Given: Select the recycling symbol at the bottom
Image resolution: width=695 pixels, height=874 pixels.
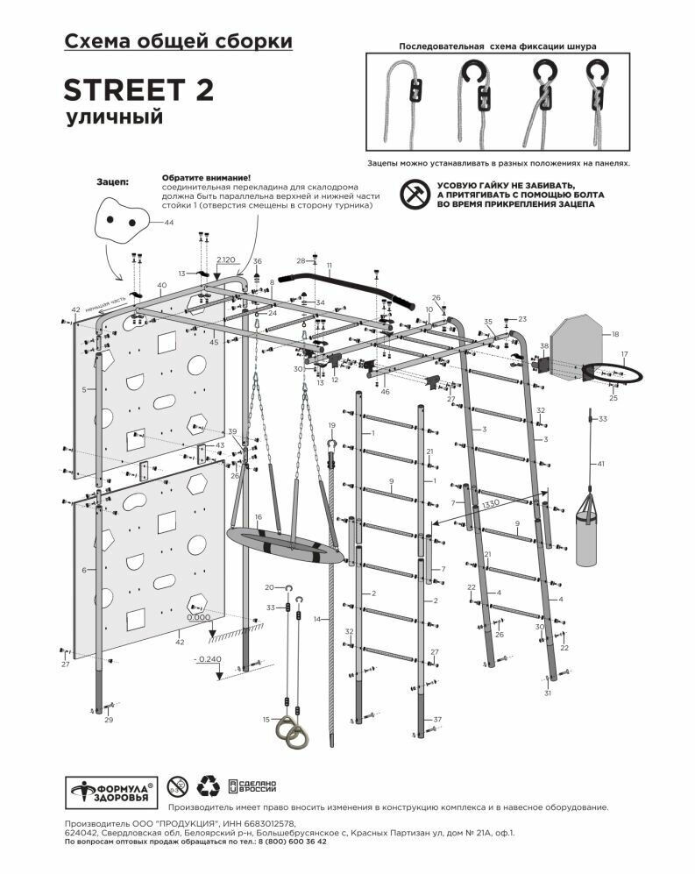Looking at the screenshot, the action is pyautogui.click(x=208, y=785).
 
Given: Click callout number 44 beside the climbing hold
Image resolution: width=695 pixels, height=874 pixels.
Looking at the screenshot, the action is pyautogui.click(x=169, y=224).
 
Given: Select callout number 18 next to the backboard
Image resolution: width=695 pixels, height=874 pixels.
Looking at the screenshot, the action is pyautogui.click(x=614, y=334).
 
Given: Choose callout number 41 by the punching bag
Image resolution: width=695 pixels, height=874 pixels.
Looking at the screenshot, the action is pyautogui.click(x=600, y=463).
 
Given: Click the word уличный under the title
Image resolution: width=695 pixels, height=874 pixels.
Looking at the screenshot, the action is pyautogui.click(x=113, y=117).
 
